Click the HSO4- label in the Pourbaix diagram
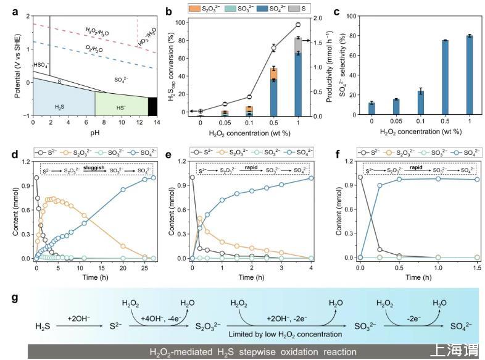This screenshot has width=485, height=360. coord(41,64)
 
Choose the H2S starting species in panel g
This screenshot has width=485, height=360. coord(43,325)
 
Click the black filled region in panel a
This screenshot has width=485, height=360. coord(152,106)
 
